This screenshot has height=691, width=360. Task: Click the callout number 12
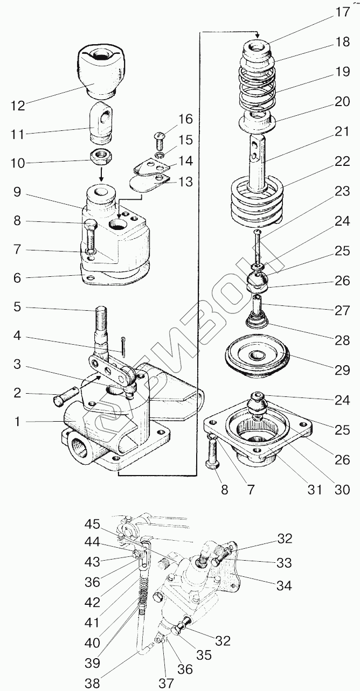click(x=17, y=106)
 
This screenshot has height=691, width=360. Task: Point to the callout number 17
click(x=343, y=12)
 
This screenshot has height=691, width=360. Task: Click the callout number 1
click(x=18, y=422)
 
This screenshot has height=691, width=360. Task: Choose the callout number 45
click(x=92, y=525)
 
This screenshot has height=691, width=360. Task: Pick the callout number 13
click(x=185, y=183)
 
